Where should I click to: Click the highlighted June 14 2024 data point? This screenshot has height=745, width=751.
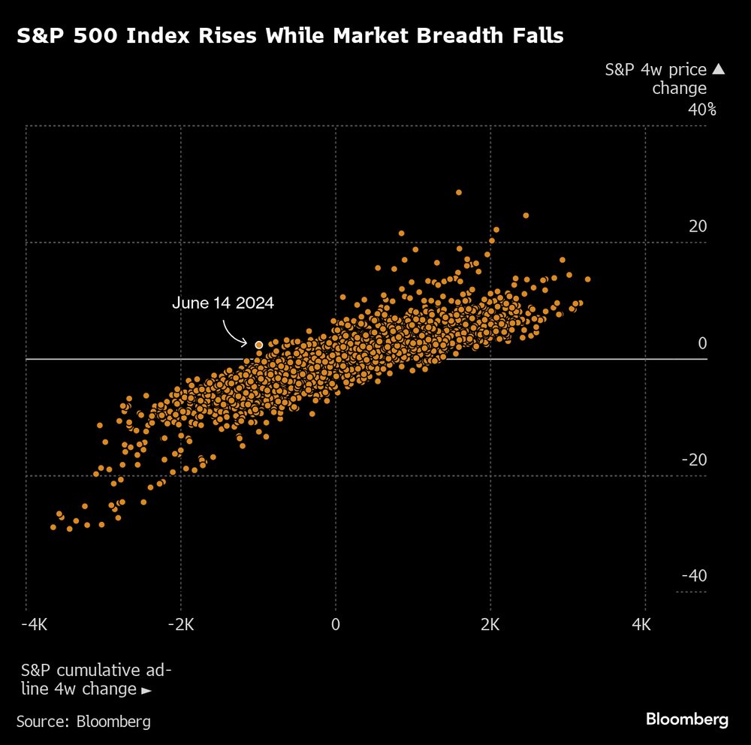point(259,345)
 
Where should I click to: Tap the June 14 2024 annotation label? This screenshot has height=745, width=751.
point(223,303)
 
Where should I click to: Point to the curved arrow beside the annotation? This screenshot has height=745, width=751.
point(235,332)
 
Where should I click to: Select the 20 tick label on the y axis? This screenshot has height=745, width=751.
point(698,227)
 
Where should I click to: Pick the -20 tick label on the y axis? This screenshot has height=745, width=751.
point(695,460)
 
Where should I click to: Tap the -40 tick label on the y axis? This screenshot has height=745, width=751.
point(695,576)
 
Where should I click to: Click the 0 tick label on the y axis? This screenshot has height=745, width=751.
point(703,343)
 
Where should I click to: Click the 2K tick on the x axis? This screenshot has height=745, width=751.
point(490,625)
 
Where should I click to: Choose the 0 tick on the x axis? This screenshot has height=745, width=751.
point(336,625)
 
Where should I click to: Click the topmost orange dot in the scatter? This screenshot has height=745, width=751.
point(459,192)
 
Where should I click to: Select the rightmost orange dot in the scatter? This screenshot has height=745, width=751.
point(588,279)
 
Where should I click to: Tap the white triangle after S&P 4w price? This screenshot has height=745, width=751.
point(718,70)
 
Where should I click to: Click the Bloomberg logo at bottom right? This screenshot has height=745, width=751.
point(687,719)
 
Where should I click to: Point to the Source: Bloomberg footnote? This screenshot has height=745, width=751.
point(83,722)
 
